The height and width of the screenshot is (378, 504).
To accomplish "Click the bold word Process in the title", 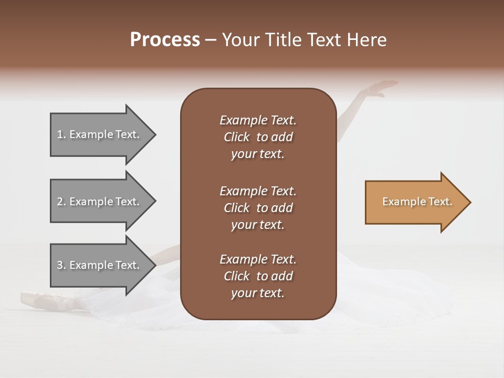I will click(x=165, y=40).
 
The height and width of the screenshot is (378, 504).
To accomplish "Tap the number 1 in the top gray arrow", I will click(x=60, y=134).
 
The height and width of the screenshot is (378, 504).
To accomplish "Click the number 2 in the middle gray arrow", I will click(x=60, y=202).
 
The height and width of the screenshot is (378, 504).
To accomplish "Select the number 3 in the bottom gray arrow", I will click(x=60, y=265).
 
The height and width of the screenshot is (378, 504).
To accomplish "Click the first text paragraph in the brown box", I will click(x=258, y=137).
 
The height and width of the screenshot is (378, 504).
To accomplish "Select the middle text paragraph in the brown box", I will click(x=258, y=207).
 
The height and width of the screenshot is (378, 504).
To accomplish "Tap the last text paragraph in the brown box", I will click(x=258, y=276).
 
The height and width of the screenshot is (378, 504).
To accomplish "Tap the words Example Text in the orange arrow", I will click(x=417, y=202).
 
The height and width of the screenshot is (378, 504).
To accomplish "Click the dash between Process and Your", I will click(x=211, y=40).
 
